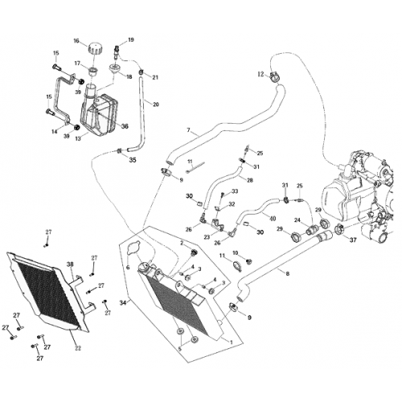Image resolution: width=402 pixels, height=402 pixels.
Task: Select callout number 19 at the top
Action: [131, 39]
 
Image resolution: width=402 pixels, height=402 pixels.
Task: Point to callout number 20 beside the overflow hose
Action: [156, 105]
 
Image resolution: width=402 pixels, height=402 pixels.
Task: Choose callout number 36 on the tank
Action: [125, 126]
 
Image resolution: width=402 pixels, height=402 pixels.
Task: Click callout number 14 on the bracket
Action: [55, 131]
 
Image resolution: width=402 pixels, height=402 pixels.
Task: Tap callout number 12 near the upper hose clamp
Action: [260, 74]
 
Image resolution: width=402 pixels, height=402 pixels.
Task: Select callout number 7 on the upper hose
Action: [188, 130]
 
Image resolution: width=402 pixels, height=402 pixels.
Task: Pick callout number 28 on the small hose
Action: [250, 180]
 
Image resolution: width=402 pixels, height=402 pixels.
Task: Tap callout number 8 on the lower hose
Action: [287, 274]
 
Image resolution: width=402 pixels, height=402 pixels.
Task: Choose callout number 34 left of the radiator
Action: [123, 302]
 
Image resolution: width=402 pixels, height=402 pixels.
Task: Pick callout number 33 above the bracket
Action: [235, 192]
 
